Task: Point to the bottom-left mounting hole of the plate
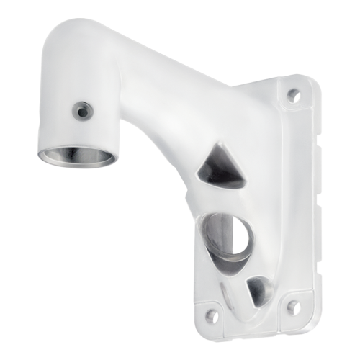click(210, 314)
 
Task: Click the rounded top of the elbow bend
click(72, 32)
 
